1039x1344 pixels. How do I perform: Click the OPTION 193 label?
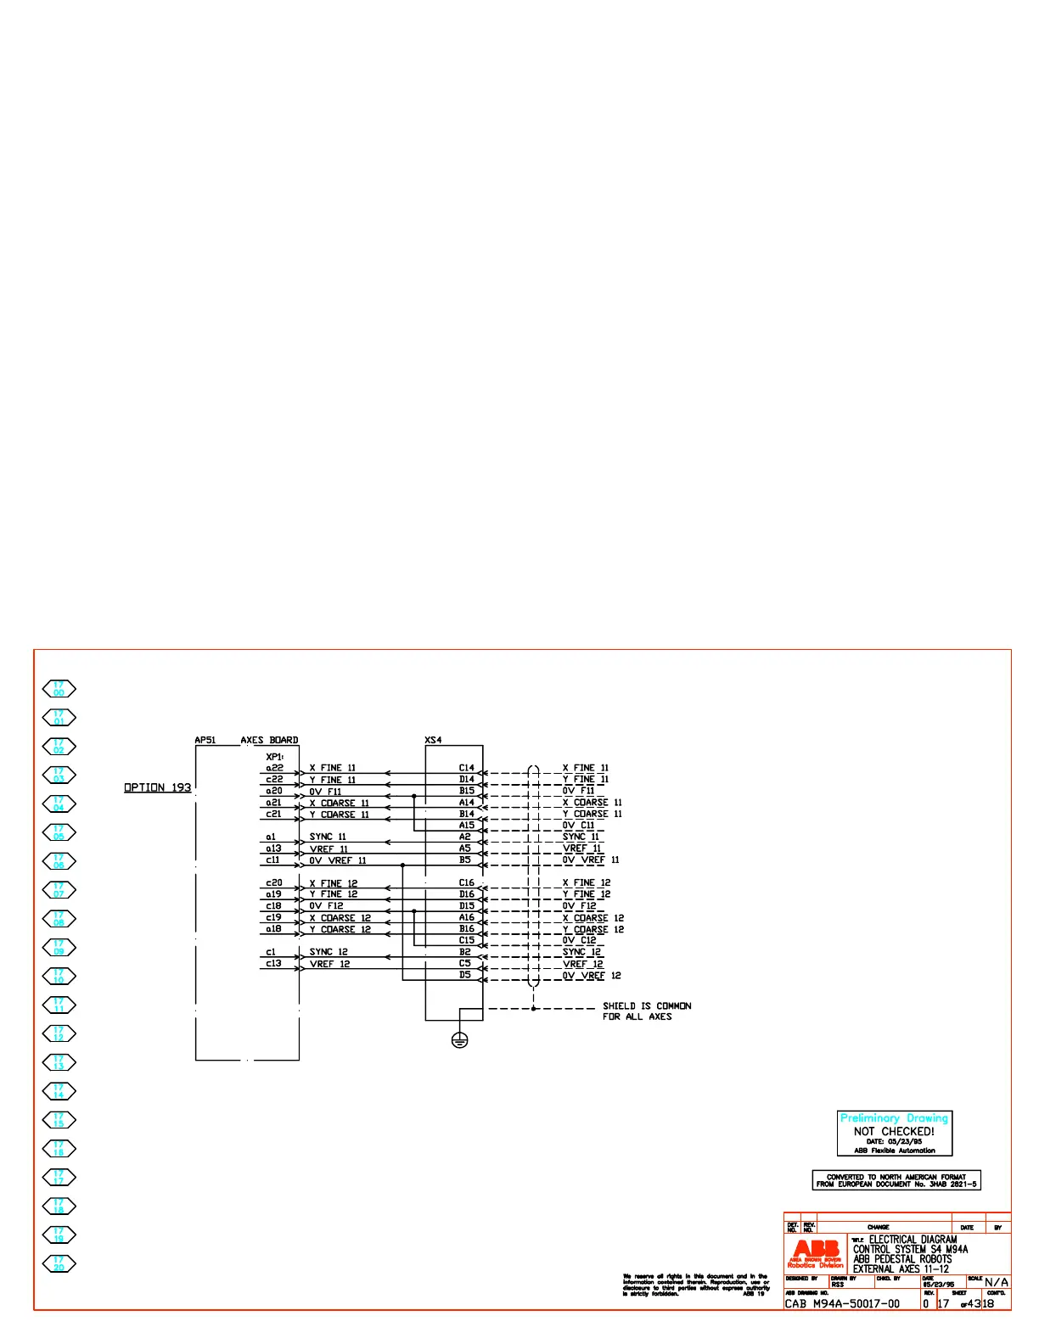click(x=157, y=787)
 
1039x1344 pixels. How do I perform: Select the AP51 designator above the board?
click(x=205, y=740)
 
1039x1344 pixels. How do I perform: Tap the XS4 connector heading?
click(x=433, y=740)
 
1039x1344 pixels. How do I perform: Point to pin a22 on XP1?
click(x=274, y=767)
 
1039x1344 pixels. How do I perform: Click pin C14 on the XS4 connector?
click(x=467, y=767)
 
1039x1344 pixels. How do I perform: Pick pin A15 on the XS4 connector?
click(x=467, y=825)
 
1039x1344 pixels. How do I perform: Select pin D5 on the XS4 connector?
click(x=465, y=975)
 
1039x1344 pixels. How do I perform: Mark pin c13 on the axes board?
click(x=273, y=963)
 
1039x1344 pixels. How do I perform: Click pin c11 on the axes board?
click(x=273, y=860)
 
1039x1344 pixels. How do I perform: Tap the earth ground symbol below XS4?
click(x=459, y=1039)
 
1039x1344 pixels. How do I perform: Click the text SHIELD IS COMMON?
click(x=647, y=1005)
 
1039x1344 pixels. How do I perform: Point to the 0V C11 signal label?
click(x=579, y=825)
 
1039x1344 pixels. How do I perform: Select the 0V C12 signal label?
click(x=580, y=940)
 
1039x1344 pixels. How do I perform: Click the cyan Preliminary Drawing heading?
click(x=894, y=1118)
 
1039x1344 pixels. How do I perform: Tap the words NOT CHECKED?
click(x=894, y=1131)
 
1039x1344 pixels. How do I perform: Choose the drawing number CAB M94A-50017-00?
click(x=842, y=1303)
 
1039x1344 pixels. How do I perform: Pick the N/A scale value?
click(x=997, y=1282)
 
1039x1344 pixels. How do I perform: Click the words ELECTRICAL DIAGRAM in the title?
click(x=913, y=1240)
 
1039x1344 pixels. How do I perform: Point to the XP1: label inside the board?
click(x=274, y=756)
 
